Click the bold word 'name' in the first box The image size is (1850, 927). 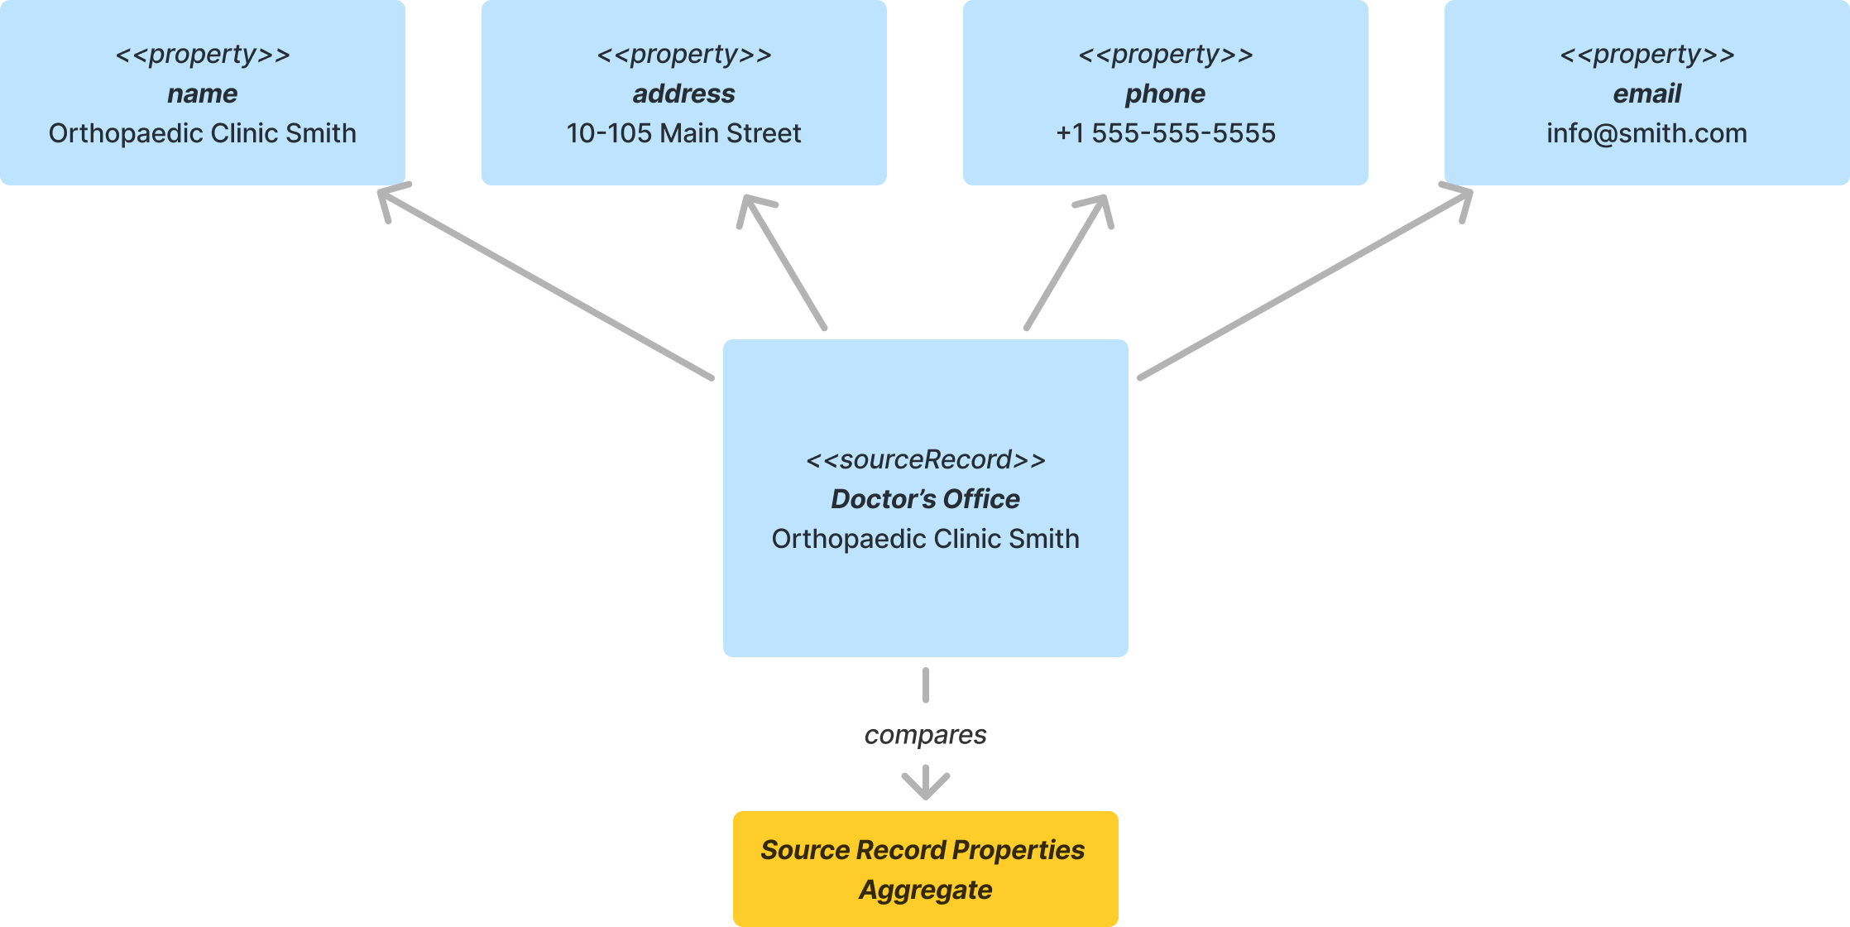(202, 94)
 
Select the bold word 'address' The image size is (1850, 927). (683, 94)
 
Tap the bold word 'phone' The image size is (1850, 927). (1165, 94)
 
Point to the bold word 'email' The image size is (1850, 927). (1646, 94)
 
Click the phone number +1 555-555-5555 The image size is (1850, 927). (1165, 133)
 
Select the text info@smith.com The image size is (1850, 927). (1646, 133)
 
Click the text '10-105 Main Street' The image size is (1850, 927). (683, 133)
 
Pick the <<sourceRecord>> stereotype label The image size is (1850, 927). (925, 459)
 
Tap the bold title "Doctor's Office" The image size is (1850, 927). (925, 499)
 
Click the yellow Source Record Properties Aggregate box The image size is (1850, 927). (925, 869)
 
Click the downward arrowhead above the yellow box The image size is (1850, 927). (925, 783)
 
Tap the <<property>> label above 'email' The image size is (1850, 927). (1646, 55)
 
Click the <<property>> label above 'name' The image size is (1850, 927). (202, 55)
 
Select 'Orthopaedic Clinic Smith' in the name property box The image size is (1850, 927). (202, 133)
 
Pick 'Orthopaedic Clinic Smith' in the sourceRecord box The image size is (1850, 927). (925, 539)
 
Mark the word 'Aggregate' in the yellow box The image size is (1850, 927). (925, 890)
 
